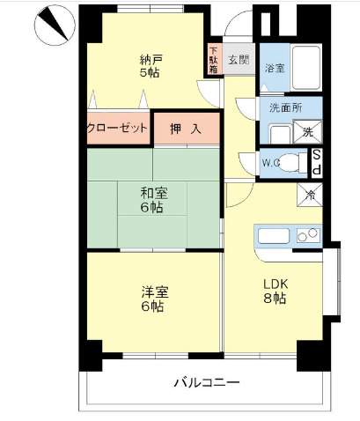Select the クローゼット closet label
117,127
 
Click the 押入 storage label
186,128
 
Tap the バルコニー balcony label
205,381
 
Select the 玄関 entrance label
238,60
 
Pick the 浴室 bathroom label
275,68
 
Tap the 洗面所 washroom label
285,107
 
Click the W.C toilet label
271,162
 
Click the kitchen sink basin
269,234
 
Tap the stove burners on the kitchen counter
307,234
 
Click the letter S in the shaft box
317,155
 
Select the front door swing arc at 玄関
236,26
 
